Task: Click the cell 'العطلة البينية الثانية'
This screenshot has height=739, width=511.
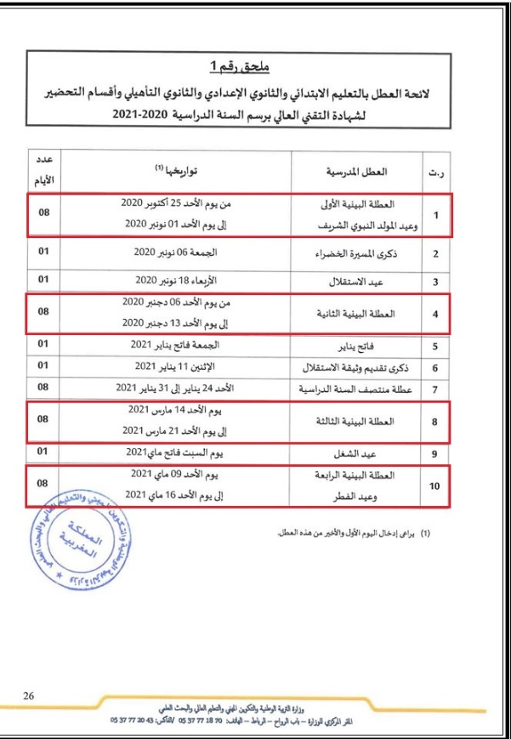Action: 359,314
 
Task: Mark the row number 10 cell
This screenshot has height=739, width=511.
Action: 434,486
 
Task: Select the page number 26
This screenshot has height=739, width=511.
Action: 29,695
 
